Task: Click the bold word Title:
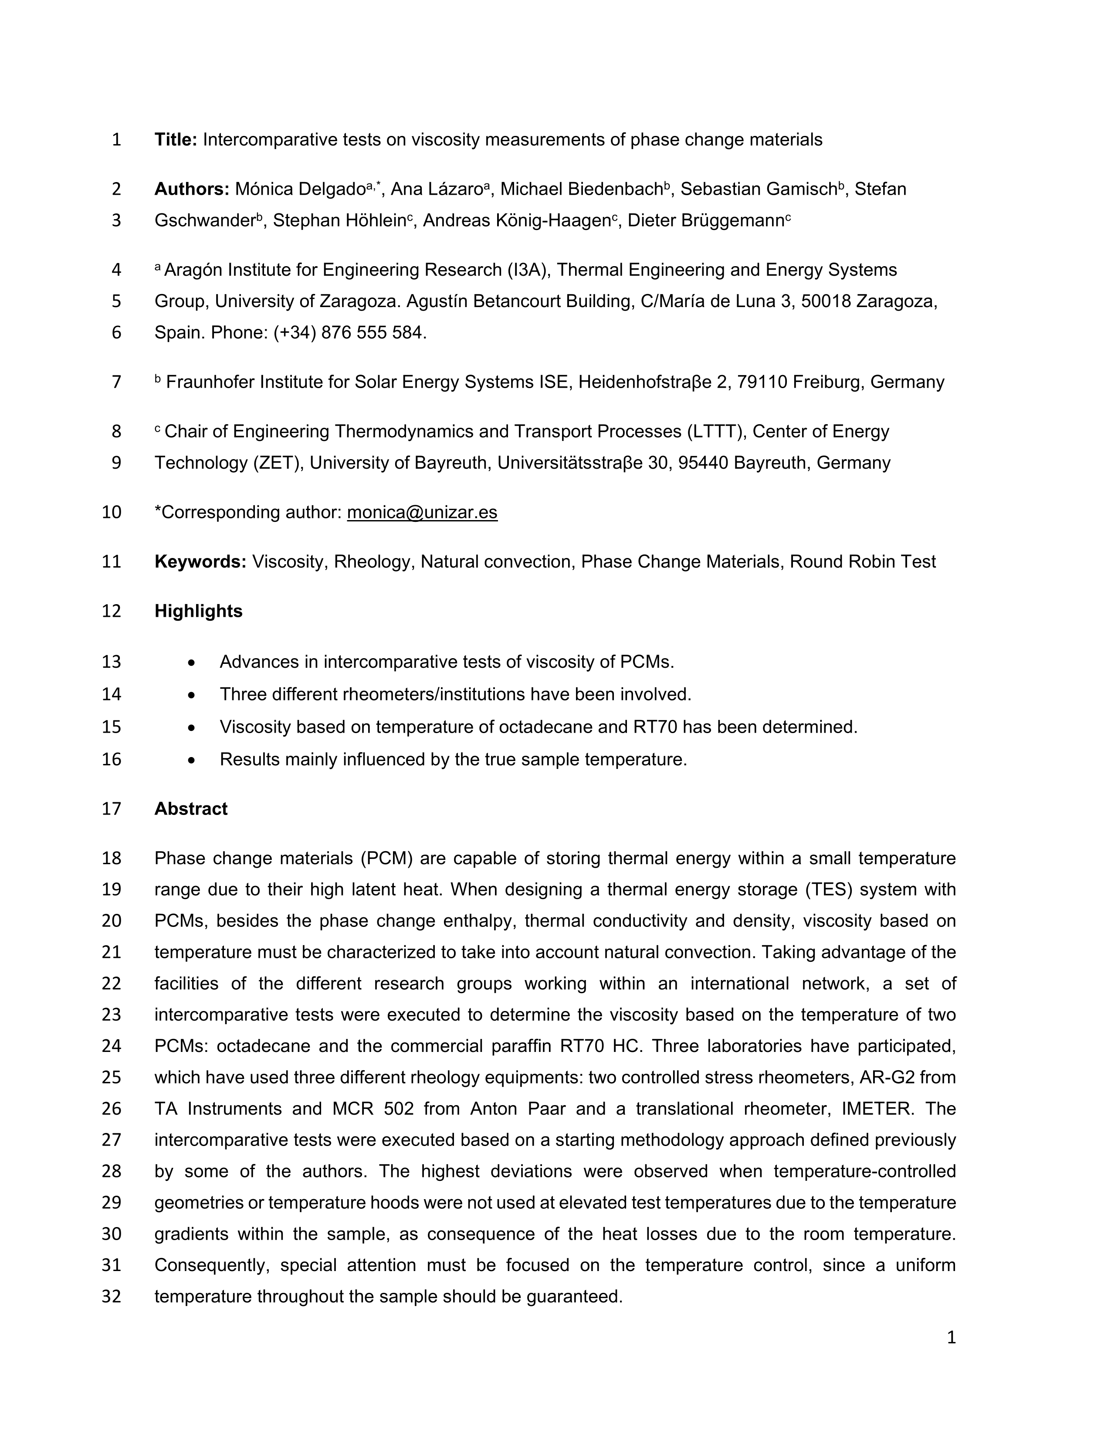point(176,139)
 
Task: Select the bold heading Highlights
point(198,611)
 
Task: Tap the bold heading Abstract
point(191,808)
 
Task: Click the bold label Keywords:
point(200,562)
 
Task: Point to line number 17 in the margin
point(112,808)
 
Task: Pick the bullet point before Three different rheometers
point(191,695)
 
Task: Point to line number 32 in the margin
point(112,1297)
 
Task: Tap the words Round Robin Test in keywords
point(862,562)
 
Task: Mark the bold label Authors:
point(192,189)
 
